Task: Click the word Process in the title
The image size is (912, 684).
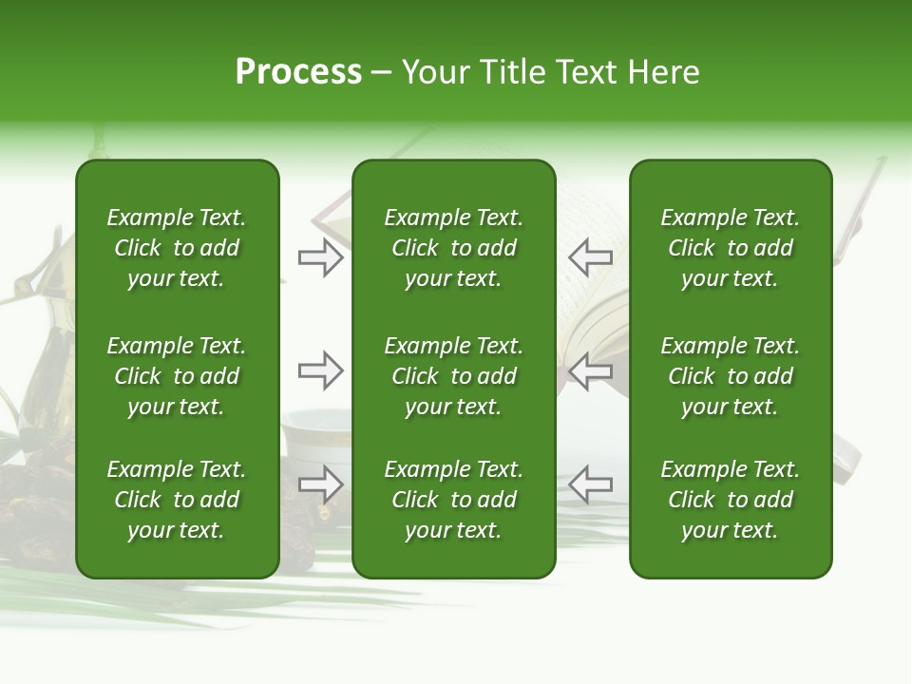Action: (x=298, y=72)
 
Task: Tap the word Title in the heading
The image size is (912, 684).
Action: (x=514, y=72)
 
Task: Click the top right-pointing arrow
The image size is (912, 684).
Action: (x=320, y=257)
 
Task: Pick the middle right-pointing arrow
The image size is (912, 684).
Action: (x=320, y=370)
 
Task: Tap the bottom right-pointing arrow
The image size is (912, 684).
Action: (x=320, y=484)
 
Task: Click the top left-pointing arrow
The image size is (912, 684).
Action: (x=590, y=257)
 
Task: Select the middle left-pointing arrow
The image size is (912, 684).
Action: (x=590, y=370)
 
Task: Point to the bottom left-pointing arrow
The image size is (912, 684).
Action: (x=590, y=484)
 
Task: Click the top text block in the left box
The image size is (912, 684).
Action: (x=177, y=248)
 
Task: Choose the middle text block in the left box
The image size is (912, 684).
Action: (x=177, y=376)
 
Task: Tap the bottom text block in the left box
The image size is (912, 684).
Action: (x=177, y=500)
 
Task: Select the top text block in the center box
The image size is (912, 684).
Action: (x=453, y=248)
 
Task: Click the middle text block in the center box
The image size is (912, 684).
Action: (x=453, y=376)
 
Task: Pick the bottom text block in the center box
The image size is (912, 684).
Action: (x=453, y=500)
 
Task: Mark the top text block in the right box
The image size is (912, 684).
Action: (x=731, y=248)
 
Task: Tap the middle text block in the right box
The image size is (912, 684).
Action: (x=731, y=376)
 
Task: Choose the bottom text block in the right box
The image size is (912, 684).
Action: (x=731, y=500)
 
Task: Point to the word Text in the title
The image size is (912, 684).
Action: (x=588, y=72)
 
